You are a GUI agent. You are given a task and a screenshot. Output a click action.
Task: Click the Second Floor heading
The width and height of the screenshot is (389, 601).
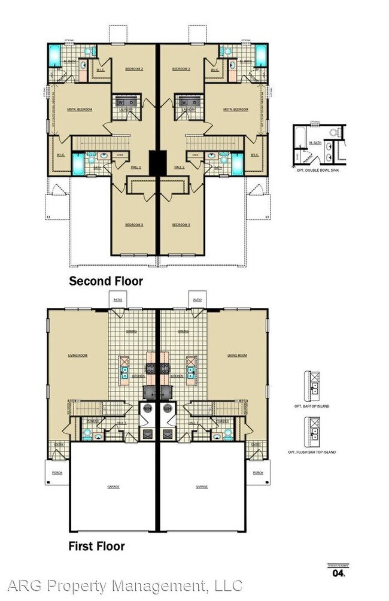click(106, 281)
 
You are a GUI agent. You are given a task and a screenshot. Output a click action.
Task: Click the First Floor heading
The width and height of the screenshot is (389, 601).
click(97, 546)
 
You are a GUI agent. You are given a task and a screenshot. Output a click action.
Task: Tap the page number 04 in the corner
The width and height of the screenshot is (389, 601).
click(338, 573)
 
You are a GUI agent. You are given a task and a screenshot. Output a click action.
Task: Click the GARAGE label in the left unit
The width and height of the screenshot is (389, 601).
click(114, 487)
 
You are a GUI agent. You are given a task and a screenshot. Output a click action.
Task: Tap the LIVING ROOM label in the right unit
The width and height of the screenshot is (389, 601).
click(237, 356)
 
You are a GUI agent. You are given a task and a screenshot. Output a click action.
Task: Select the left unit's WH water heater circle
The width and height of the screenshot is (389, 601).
click(147, 408)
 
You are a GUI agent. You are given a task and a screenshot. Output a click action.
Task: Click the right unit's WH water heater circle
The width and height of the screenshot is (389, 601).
click(168, 408)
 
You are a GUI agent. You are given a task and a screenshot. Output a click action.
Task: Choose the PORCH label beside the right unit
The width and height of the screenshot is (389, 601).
click(258, 472)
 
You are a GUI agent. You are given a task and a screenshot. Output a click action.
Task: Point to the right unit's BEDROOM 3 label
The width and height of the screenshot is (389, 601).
click(181, 225)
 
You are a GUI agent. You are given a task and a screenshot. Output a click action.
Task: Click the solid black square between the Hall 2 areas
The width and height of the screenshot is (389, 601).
click(157, 162)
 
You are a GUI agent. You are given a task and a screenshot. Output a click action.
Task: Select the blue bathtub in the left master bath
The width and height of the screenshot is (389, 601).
click(53, 55)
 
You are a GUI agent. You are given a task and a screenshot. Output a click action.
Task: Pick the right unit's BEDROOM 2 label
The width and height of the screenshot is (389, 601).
click(181, 69)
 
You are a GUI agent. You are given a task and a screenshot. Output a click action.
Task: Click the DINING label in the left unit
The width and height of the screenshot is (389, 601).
click(132, 330)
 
